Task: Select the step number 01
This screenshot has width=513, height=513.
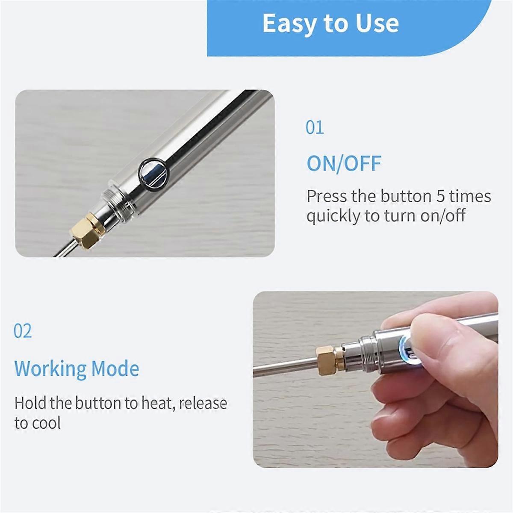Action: click(x=315, y=127)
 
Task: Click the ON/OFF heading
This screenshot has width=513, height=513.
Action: click(x=344, y=163)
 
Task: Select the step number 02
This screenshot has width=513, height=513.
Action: click(x=23, y=331)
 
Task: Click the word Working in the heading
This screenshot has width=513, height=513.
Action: click(x=50, y=369)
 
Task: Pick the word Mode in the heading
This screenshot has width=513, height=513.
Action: click(x=115, y=369)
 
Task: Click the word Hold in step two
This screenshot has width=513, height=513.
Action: click(x=30, y=403)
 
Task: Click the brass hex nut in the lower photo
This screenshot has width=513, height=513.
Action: click(x=328, y=360)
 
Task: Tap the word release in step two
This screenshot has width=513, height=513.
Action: click(x=203, y=403)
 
